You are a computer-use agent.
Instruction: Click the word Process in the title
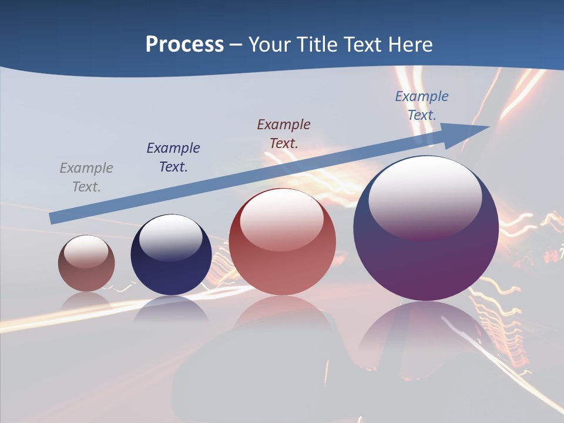(x=184, y=45)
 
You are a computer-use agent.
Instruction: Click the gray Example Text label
(x=86, y=177)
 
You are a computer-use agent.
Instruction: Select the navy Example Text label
(x=173, y=157)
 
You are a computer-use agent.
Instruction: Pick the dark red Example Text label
(x=284, y=133)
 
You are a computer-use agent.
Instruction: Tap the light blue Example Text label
(x=422, y=105)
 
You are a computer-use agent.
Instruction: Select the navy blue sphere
(x=171, y=270)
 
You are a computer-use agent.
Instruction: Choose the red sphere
(x=282, y=264)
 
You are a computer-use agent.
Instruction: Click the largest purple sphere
(x=426, y=258)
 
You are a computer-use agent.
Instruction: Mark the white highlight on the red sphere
(x=282, y=219)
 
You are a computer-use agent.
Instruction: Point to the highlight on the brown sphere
(x=86, y=251)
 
